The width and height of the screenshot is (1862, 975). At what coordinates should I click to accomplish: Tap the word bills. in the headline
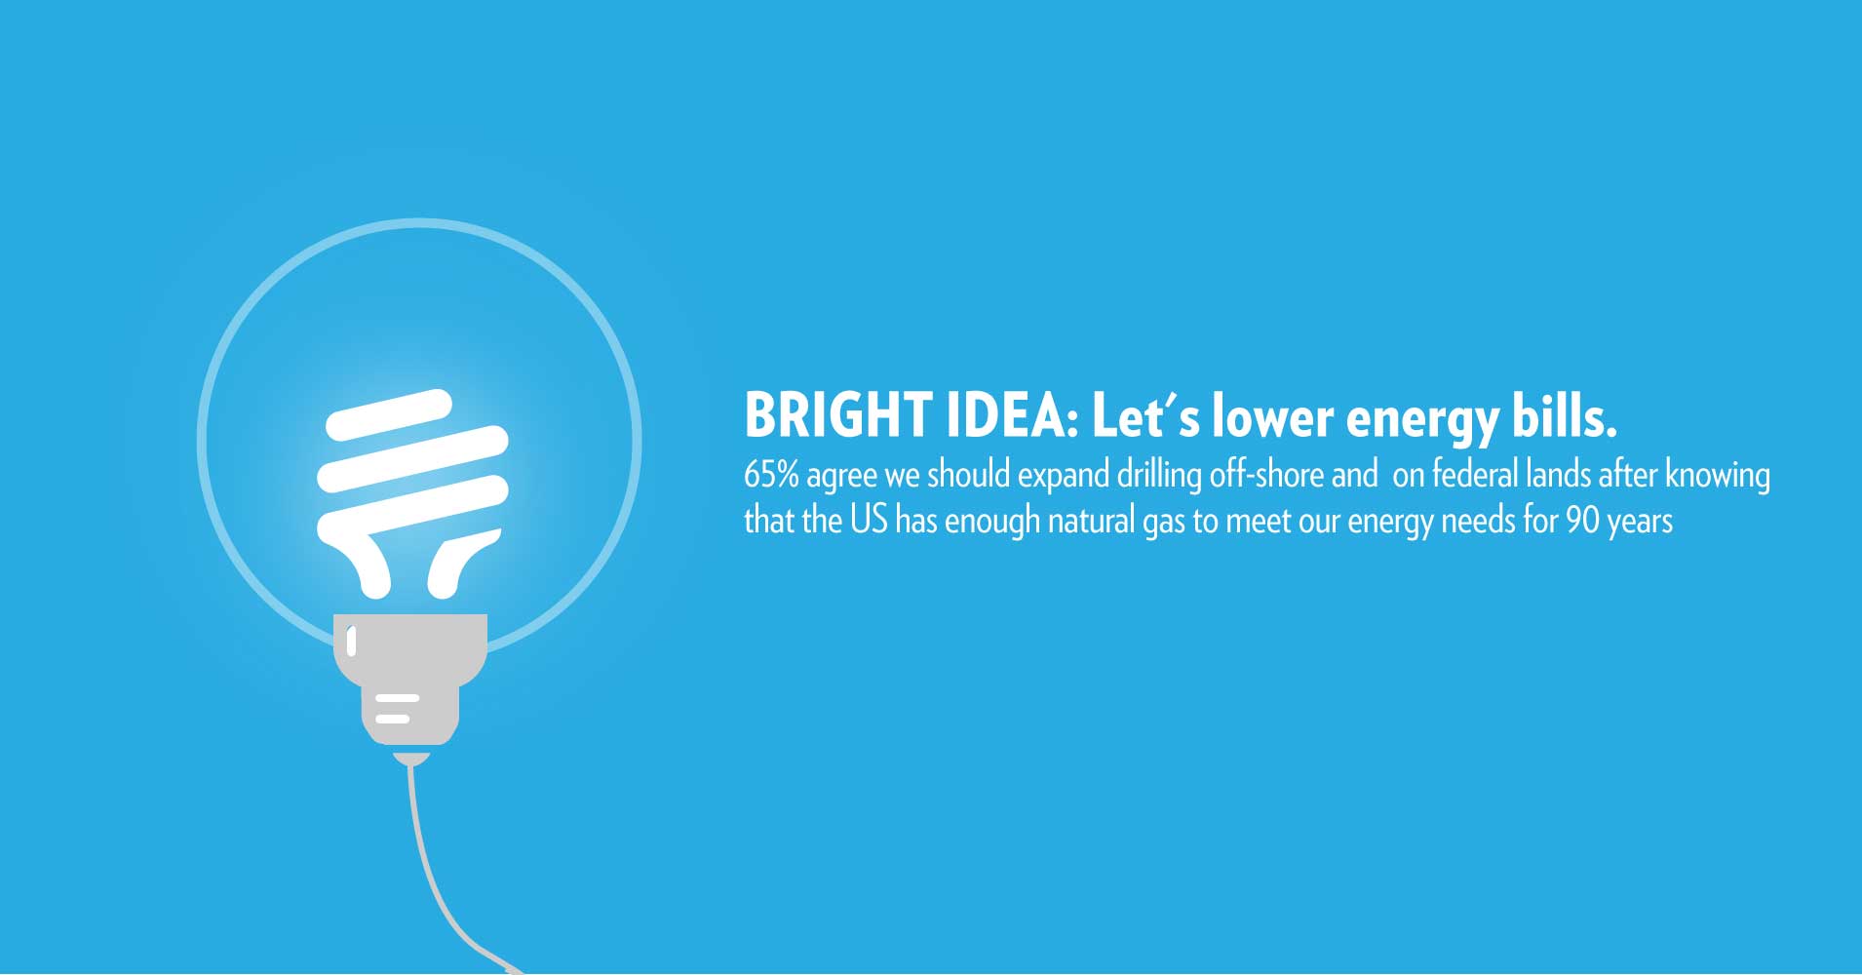point(1565,415)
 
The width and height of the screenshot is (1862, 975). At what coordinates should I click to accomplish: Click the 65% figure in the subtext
point(771,475)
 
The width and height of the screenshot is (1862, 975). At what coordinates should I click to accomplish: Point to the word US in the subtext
point(869,520)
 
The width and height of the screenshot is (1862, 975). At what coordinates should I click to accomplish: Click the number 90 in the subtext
point(1583,520)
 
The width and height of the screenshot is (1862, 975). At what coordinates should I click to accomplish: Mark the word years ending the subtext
point(1641,523)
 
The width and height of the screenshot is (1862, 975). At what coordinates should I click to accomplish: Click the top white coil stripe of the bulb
point(389,414)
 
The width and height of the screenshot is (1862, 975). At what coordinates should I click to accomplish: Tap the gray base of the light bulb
point(410,679)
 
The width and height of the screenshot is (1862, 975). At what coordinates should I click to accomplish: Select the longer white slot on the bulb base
point(398,698)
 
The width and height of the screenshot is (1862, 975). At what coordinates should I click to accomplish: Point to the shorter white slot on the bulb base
point(392,720)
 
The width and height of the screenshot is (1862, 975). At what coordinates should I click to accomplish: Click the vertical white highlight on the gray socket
point(352,642)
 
